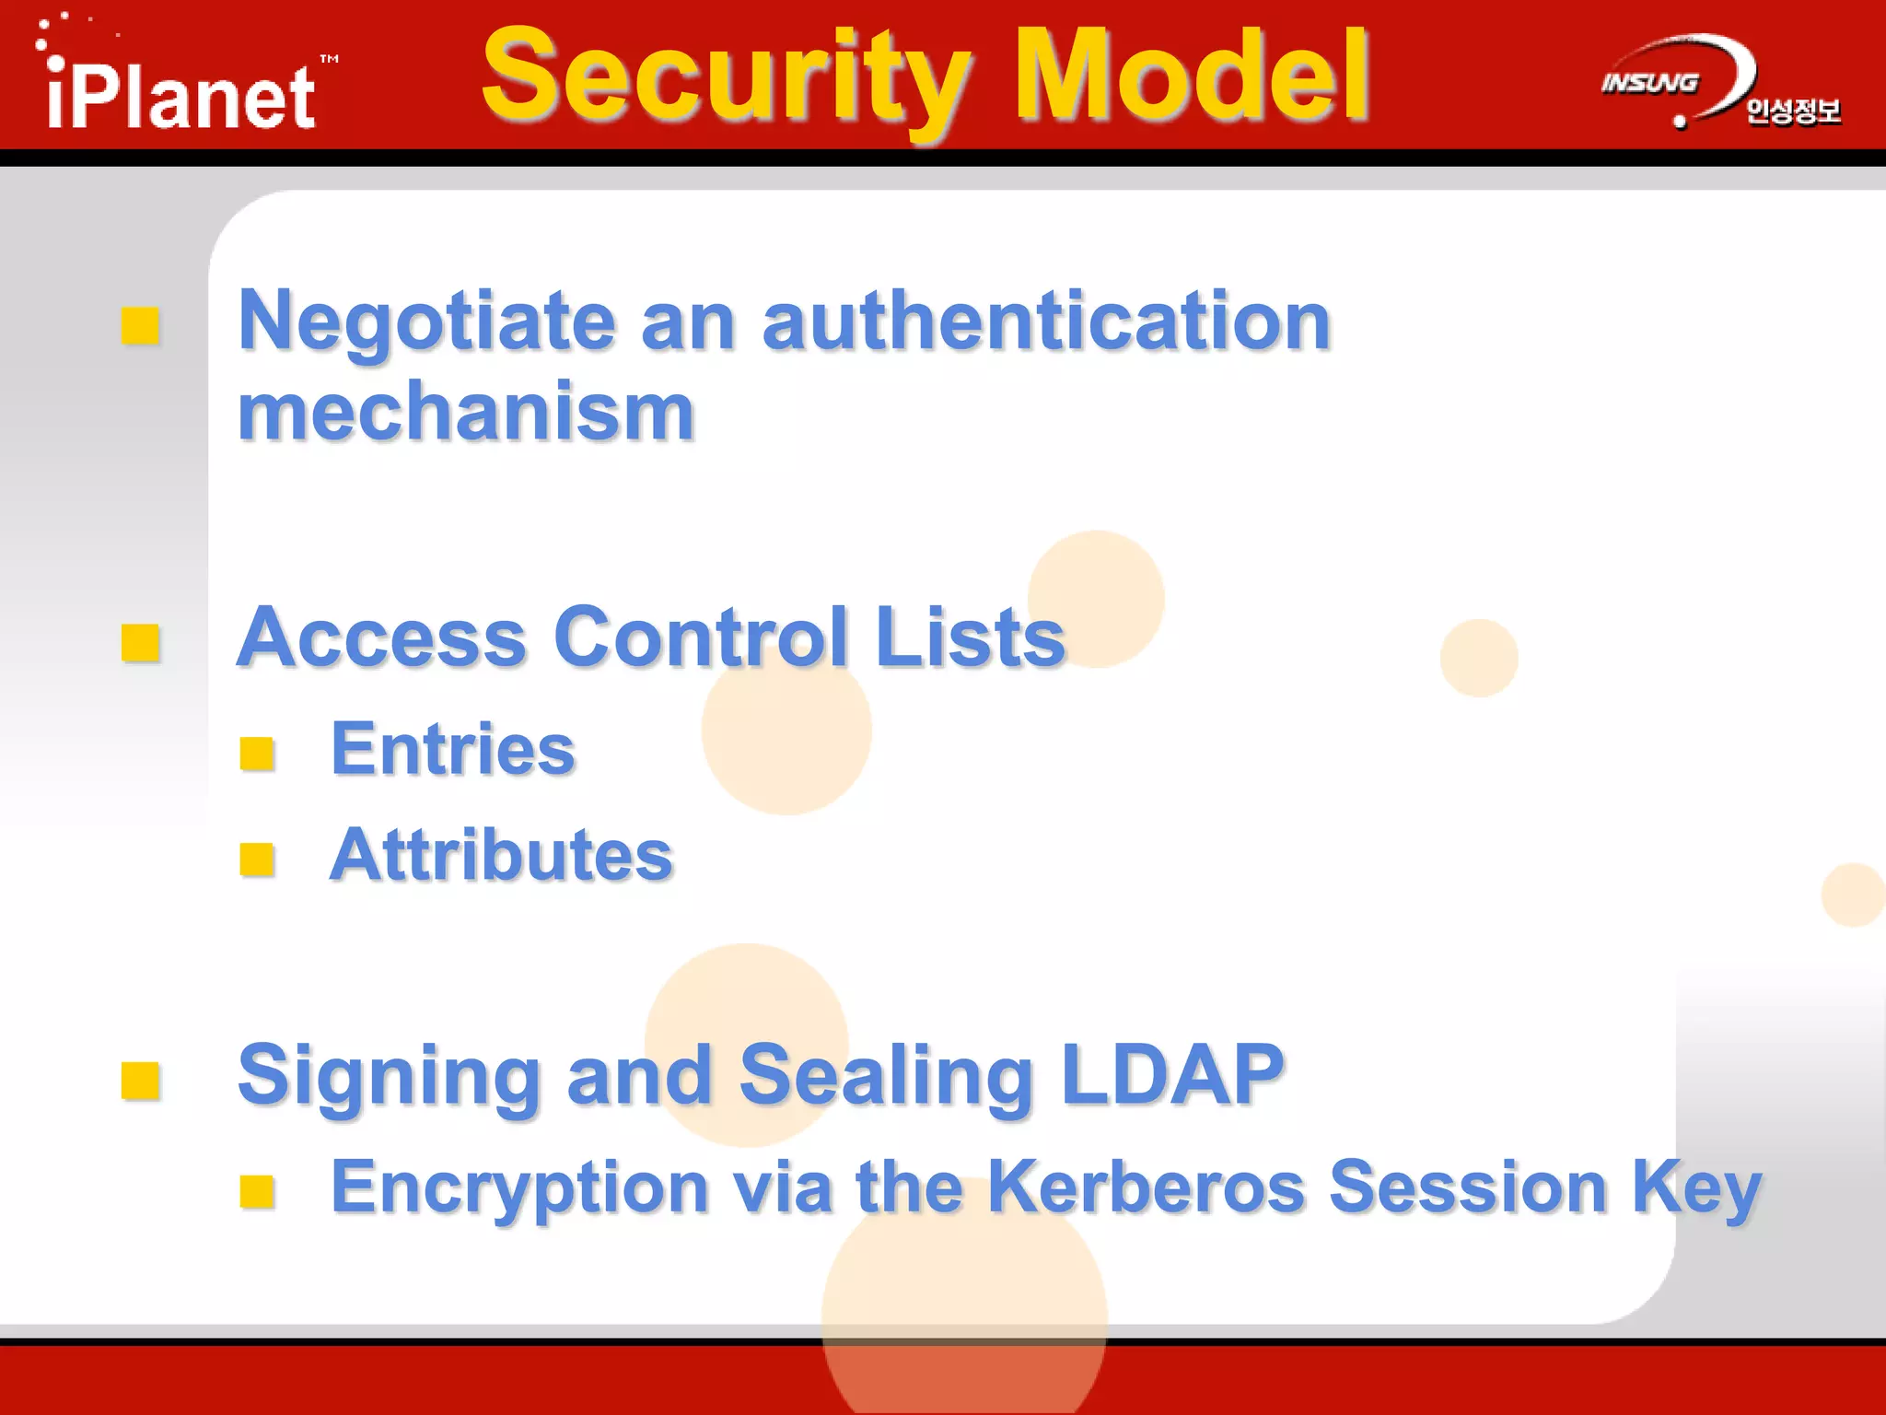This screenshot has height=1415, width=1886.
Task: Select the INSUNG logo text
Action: tap(1649, 83)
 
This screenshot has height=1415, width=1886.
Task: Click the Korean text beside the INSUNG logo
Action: tap(1793, 111)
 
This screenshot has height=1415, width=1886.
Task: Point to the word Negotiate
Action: tap(426, 322)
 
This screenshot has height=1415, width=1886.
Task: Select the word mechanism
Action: tap(466, 413)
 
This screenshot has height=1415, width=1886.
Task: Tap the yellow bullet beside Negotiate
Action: tap(141, 326)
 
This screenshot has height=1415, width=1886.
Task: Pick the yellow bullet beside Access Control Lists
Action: tap(141, 643)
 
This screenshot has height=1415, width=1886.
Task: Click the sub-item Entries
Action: tap(452, 749)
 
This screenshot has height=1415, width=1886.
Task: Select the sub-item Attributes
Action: tap(501, 855)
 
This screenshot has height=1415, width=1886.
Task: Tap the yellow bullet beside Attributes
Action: tap(257, 860)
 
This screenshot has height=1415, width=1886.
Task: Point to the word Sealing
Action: tap(886, 1075)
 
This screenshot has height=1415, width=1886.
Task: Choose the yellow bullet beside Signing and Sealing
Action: tap(141, 1081)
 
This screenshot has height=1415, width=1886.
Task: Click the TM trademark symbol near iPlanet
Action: tap(329, 59)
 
